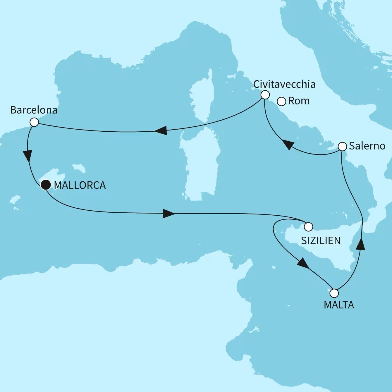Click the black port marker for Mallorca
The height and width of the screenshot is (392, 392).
(x=46, y=185)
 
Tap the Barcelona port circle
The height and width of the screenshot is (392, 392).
(x=34, y=122)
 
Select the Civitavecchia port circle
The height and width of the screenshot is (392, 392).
(x=265, y=95)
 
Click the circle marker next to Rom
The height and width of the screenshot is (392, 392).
(x=281, y=102)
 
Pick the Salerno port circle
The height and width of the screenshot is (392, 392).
(x=342, y=146)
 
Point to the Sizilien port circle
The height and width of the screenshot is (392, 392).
(x=308, y=227)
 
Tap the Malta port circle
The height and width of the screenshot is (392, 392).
(x=334, y=293)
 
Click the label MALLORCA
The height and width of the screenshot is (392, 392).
(x=80, y=185)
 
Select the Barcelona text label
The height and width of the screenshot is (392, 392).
(x=34, y=110)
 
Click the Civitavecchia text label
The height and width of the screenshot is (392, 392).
(x=284, y=84)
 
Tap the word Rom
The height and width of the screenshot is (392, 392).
(x=299, y=101)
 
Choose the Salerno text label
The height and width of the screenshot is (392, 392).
(x=367, y=146)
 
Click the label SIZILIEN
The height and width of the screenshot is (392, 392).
(x=321, y=240)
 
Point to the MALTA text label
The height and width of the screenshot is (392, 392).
(x=339, y=305)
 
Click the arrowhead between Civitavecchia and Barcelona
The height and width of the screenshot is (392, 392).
(x=161, y=130)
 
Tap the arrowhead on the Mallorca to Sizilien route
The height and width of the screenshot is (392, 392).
(x=169, y=214)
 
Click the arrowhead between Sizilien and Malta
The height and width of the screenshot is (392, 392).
(x=303, y=263)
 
